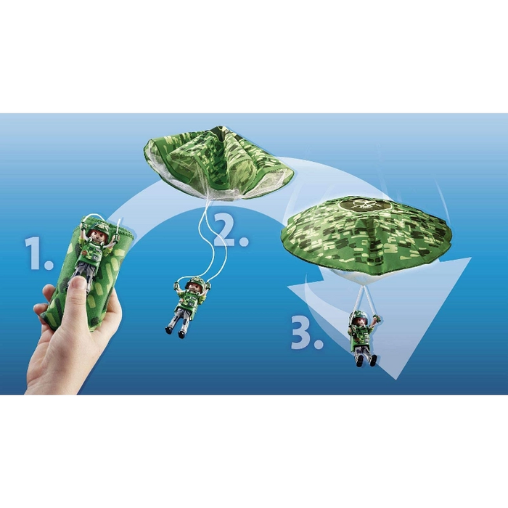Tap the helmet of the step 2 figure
coord(194,282)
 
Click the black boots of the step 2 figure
coord(176,332)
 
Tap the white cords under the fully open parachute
coord(364,296)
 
